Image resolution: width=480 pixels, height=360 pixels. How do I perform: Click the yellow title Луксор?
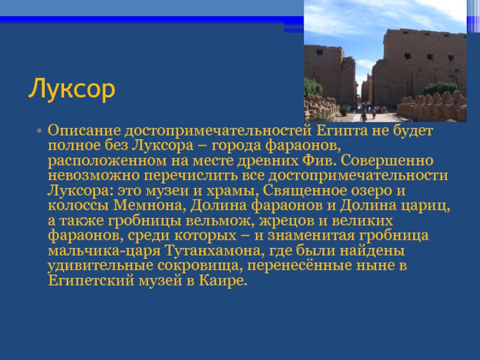pos(71,89)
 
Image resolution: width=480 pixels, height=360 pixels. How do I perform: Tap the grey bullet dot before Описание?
pos(39,131)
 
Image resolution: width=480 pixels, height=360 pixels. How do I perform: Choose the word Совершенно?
pos(387,160)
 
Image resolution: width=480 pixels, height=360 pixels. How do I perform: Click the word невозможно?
pos(94,175)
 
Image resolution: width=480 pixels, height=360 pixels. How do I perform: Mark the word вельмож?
pos(220,220)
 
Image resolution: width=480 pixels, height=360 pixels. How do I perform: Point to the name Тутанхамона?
pos(215,250)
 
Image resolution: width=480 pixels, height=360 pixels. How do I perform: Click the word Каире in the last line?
pos(223,281)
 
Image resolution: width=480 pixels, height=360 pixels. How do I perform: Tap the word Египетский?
pos(91,281)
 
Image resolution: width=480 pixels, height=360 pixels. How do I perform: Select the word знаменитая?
pos(311,235)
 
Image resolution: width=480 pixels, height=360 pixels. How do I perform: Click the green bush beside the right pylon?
pos(441,89)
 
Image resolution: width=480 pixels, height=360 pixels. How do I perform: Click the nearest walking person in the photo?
pos(364,116)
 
